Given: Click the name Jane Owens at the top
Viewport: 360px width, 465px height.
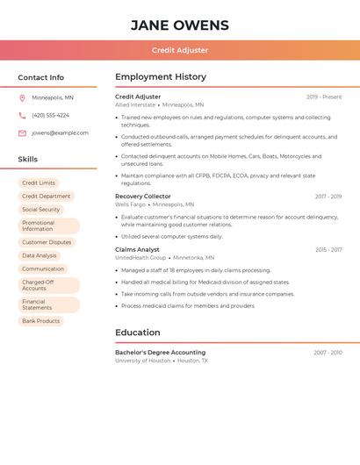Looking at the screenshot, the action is (180, 25).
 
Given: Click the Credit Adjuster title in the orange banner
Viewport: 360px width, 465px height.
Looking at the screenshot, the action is (180, 50).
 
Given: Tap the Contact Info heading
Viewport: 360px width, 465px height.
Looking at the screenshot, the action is (41, 77).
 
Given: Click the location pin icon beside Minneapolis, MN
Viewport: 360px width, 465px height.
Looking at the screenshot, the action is (22, 97).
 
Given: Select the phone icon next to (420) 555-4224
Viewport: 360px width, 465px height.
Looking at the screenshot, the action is (22, 115).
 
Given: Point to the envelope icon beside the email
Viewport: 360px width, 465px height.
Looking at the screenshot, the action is (22, 133).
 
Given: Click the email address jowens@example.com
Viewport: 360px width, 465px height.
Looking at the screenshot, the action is (60, 133).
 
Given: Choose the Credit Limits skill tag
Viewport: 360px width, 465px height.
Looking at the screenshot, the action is (39, 183).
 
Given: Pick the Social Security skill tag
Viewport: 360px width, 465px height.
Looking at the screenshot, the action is (40, 210).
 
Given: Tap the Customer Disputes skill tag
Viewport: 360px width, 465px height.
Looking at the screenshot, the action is (47, 242).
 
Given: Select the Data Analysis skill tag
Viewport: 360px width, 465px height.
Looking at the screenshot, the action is (40, 255).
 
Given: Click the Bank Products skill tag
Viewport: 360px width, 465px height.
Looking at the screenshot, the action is (41, 321).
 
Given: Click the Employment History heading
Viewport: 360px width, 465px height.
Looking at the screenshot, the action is (161, 77).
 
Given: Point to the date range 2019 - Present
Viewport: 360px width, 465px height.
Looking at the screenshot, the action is (324, 97).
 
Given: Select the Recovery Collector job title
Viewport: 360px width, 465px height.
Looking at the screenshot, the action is (143, 197).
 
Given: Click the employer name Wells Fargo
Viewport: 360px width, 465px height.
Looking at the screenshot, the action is (130, 204).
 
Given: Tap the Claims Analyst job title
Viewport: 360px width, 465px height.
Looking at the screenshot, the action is (137, 249).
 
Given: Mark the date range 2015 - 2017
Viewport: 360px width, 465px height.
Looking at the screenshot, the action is (328, 250).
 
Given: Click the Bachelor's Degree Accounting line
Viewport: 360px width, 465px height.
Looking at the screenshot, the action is (160, 352).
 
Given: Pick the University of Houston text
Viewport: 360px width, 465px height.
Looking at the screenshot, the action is (142, 361).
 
